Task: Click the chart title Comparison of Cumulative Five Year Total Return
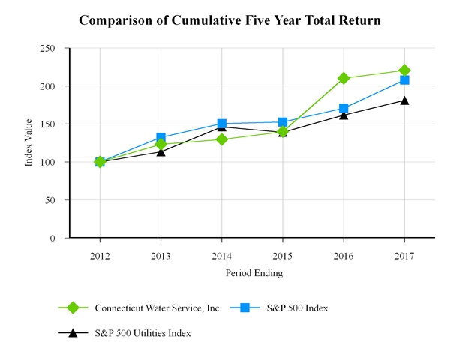230,20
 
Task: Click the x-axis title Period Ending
254,273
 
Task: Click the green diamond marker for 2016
344,78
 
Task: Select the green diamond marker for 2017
404,70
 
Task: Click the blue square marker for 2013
161,138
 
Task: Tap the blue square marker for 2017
404,79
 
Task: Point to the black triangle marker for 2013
161,151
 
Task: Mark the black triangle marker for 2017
404,100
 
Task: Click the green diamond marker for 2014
221,139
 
